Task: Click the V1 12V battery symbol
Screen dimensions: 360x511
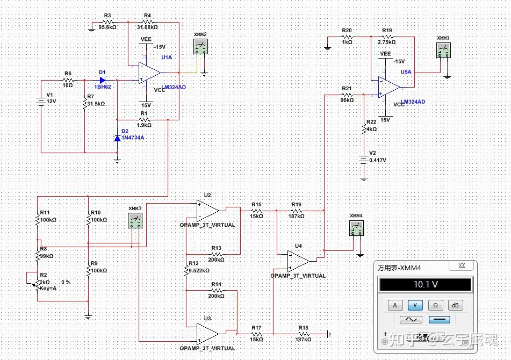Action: (x=41, y=100)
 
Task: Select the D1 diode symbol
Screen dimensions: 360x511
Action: (x=103, y=80)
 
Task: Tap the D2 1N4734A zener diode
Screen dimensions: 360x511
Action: (x=117, y=138)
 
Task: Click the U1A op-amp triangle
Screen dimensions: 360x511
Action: (x=149, y=73)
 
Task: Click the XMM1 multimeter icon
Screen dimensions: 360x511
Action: (x=443, y=50)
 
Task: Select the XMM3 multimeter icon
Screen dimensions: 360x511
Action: (x=135, y=220)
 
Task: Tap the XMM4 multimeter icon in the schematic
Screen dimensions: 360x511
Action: (x=356, y=228)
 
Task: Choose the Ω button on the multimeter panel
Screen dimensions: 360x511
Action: (x=436, y=305)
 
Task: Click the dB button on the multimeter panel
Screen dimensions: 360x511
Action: (x=455, y=305)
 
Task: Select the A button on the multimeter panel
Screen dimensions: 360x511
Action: (x=395, y=305)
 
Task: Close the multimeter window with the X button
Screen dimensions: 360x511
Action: (x=460, y=265)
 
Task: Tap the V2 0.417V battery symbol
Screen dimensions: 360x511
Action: (x=364, y=160)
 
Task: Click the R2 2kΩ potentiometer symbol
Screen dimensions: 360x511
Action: (x=38, y=280)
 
